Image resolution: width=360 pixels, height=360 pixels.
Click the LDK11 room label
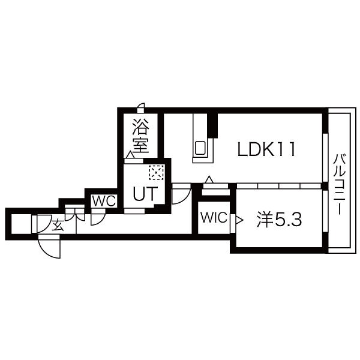[x=266, y=149]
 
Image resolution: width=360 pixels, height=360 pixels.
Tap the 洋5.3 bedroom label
[x=279, y=219]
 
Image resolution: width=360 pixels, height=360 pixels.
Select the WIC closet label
[x=214, y=217]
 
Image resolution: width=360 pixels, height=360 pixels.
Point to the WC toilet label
[x=104, y=201]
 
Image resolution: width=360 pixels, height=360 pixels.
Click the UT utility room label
[x=145, y=194]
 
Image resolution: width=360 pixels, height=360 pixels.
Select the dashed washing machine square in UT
[x=156, y=172]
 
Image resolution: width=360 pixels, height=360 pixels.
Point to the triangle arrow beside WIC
[x=239, y=220]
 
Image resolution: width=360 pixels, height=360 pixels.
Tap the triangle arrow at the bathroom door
[x=130, y=155]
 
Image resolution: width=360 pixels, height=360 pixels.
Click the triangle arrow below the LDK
[x=209, y=179]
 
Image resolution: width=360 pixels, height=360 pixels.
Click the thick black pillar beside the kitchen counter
[x=212, y=125]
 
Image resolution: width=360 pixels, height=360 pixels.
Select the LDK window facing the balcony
[x=325, y=158]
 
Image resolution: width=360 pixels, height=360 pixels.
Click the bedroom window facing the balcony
[x=325, y=212]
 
